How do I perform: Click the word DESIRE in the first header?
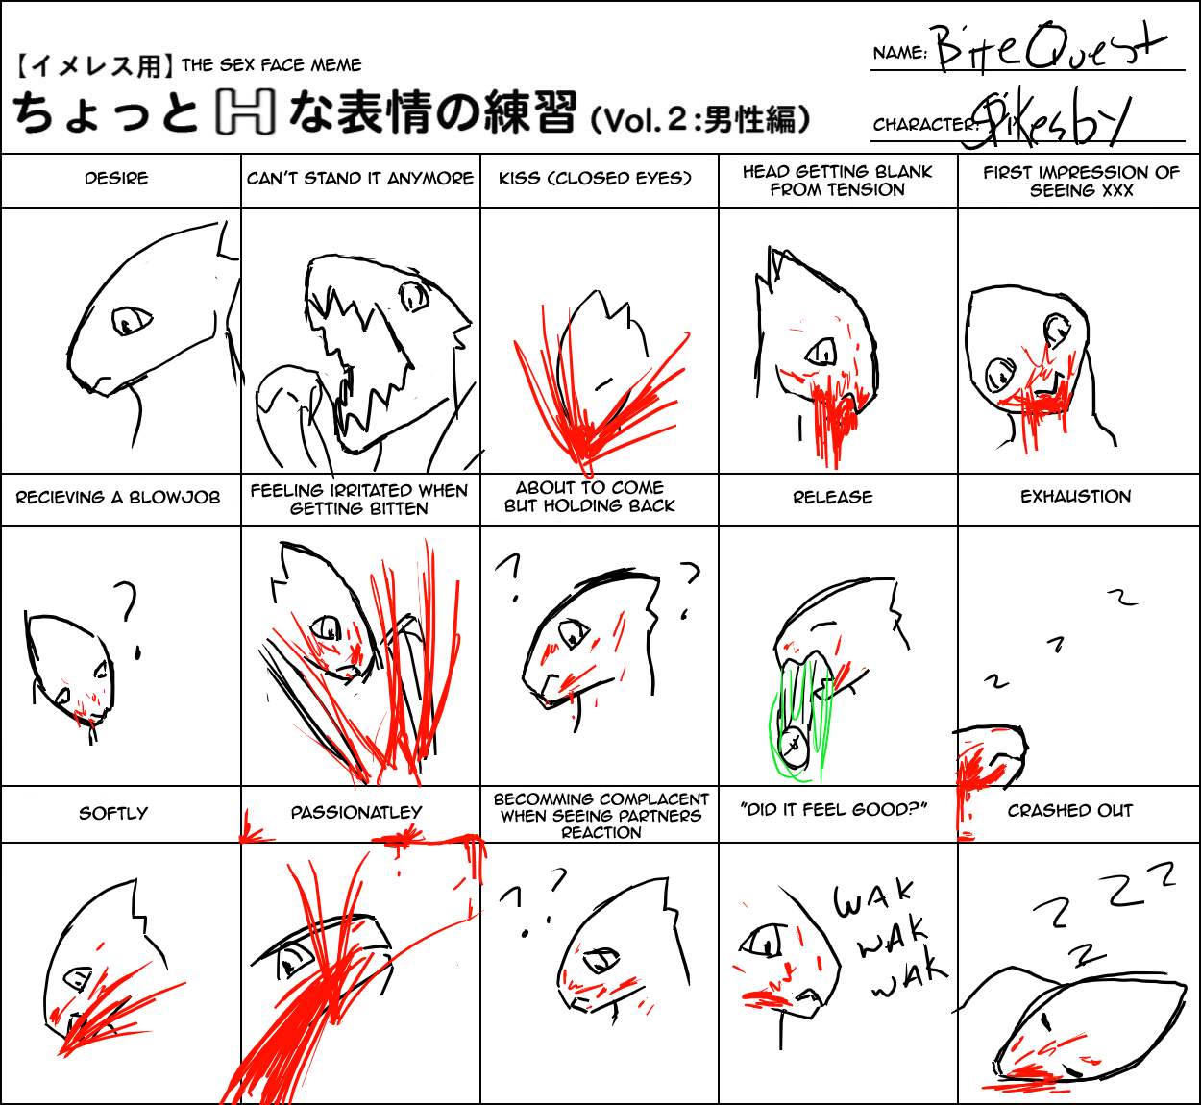pyautogui.click(x=116, y=179)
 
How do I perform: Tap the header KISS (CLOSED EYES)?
pyautogui.click(x=595, y=179)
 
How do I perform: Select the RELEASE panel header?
pyautogui.click(x=832, y=497)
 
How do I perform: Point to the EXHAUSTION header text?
pyautogui.click(x=1075, y=497)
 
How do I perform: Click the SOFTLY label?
pyautogui.click(x=113, y=813)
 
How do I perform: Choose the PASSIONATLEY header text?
pyautogui.click(x=356, y=812)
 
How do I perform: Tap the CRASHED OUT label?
pyautogui.click(x=1070, y=810)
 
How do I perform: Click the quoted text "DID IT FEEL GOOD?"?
pyautogui.click(x=833, y=810)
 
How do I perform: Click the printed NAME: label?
pyautogui.click(x=900, y=53)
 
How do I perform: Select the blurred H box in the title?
pyautogui.click(x=245, y=111)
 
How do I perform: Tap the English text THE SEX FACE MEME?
pyautogui.click(x=271, y=64)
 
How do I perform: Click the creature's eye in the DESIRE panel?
pyautogui.click(x=132, y=321)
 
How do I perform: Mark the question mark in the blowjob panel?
pyautogui.click(x=129, y=619)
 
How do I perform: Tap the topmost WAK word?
pyautogui.click(x=873, y=898)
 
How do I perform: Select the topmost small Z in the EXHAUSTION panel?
pyautogui.click(x=1122, y=596)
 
